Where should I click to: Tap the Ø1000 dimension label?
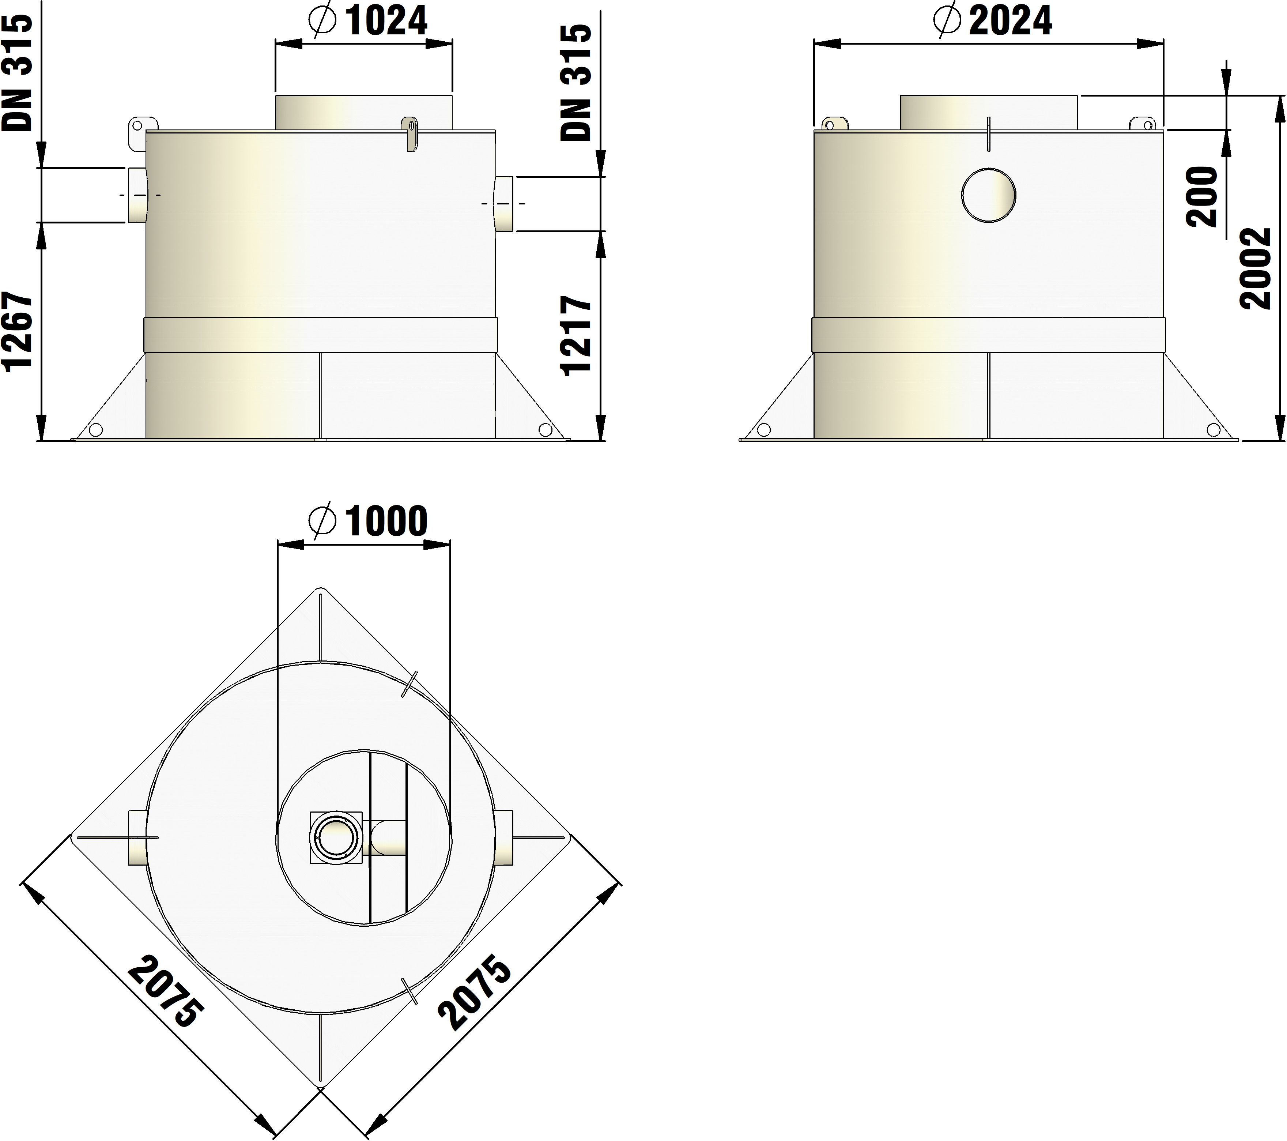[368, 521]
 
